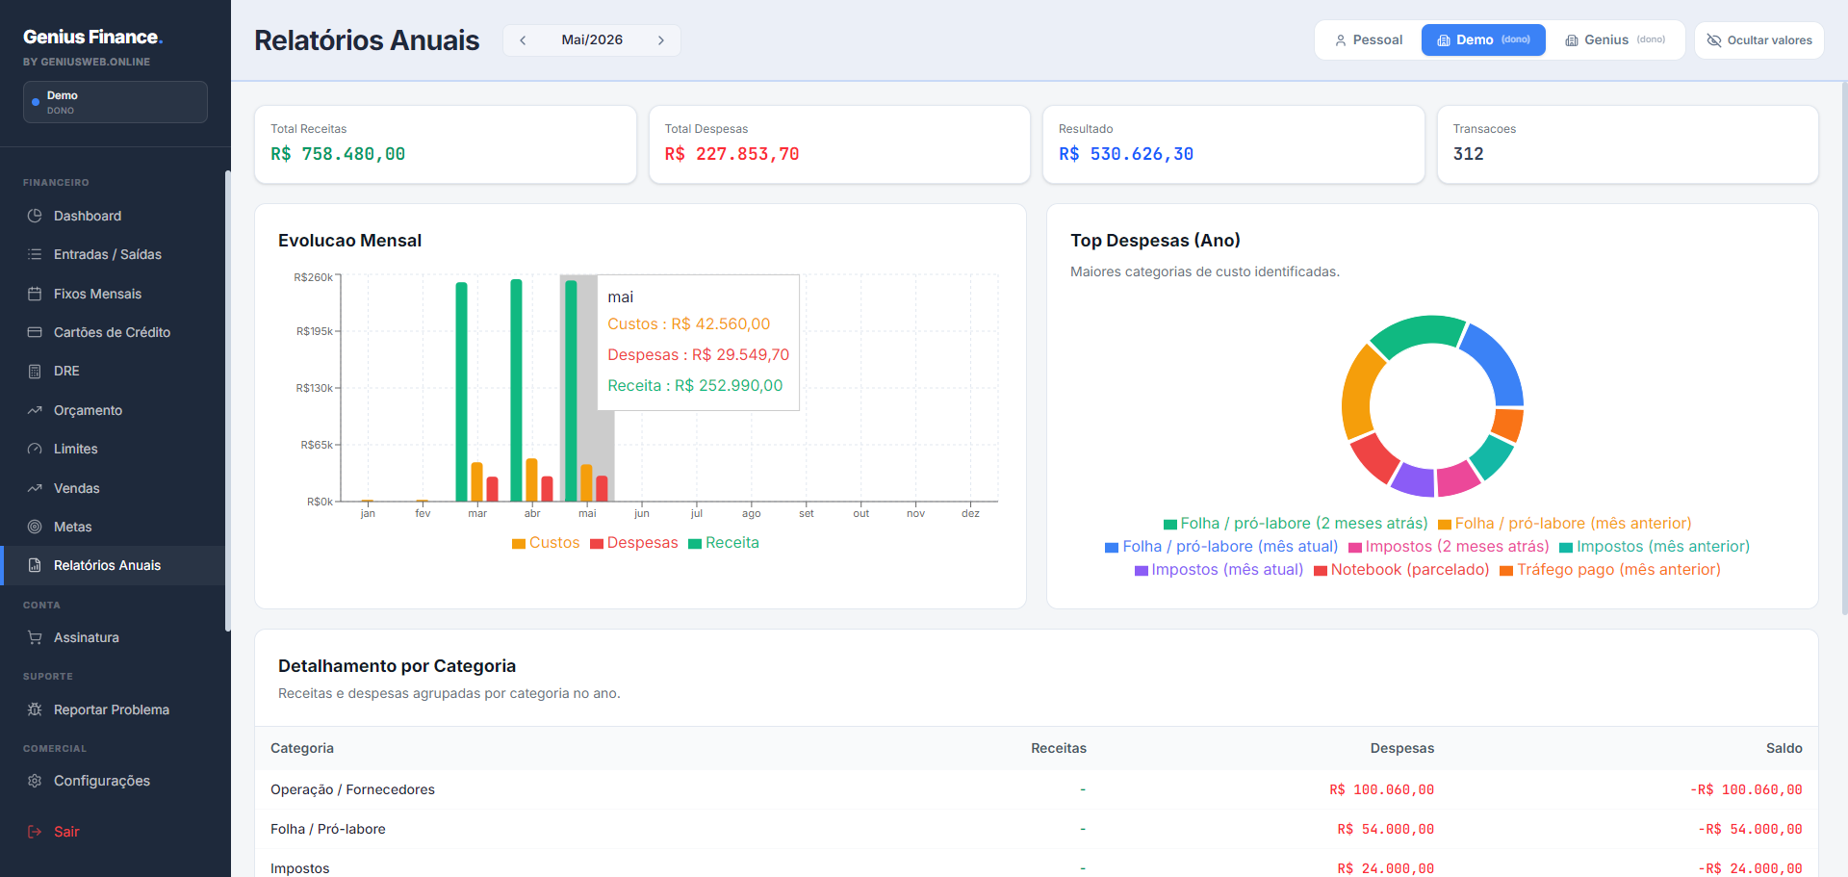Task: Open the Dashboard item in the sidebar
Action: tap(87, 216)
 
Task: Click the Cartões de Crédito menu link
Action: tap(112, 332)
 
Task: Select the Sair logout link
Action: tap(65, 832)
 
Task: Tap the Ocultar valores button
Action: tap(1758, 40)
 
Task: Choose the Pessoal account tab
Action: tap(1368, 40)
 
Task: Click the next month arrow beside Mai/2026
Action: tap(661, 40)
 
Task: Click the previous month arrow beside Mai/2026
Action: tap(523, 40)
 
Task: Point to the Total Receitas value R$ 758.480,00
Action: tap(338, 154)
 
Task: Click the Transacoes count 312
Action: tap(1468, 154)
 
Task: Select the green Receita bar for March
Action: tap(462, 392)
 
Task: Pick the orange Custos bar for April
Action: tap(531, 480)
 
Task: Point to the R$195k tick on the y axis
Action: tap(315, 331)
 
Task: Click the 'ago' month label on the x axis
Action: tap(752, 514)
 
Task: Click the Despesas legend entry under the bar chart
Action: tap(634, 543)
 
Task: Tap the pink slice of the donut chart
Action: tap(1459, 477)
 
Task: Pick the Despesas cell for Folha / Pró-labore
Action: tap(1385, 829)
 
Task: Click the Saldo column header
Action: tap(1784, 748)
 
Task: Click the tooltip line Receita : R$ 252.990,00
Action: tap(695, 386)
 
